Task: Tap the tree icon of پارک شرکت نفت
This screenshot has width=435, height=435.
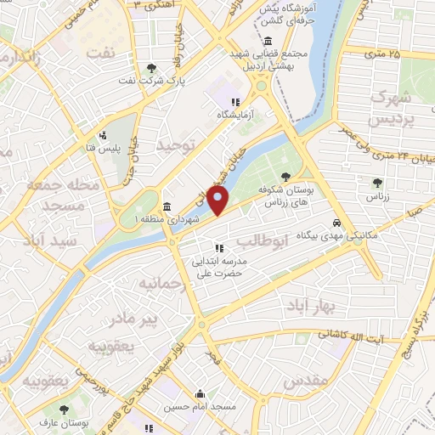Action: [151, 68]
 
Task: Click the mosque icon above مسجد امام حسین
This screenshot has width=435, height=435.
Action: [199, 393]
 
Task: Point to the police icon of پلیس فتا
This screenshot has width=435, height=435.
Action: [103, 134]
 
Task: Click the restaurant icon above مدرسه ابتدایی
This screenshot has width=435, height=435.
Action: [219, 248]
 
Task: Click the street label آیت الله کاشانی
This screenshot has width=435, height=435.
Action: [353, 339]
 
